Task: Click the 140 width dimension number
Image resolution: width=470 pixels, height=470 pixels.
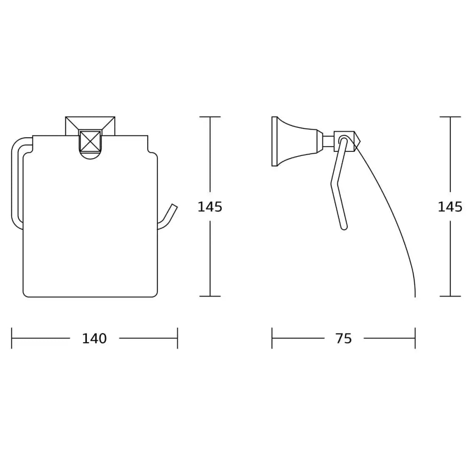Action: [x=94, y=338]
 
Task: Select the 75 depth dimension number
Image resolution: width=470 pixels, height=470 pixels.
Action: [x=344, y=338]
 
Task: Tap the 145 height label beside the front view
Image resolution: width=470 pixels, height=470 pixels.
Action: [x=210, y=206]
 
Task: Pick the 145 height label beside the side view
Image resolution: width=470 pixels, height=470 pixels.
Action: [x=450, y=206]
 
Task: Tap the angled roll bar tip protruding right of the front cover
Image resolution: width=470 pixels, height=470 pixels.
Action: [x=172, y=211]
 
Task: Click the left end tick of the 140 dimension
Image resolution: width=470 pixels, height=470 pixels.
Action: [x=12, y=338]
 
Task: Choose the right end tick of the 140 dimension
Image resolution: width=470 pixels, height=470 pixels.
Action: [x=177, y=338]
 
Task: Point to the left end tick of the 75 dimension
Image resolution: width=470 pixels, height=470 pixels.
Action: [x=272, y=338]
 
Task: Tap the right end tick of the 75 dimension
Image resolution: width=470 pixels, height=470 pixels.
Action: [x=415, y=338]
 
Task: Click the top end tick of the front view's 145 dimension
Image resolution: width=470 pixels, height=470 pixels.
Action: [x=210, y=117]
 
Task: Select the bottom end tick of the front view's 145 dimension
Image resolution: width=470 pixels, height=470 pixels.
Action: [x=210, y=296]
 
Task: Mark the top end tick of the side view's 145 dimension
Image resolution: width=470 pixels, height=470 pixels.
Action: [x=450, y=117]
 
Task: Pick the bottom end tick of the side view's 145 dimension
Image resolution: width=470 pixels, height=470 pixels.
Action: [x=450, y=296]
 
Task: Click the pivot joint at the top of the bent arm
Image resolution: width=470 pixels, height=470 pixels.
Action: [x=344, y=140]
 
